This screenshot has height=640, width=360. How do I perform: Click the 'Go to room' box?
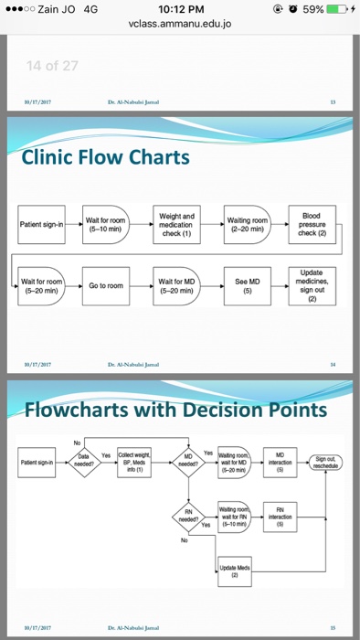(105, 286)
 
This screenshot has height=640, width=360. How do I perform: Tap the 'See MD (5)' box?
(247, 286)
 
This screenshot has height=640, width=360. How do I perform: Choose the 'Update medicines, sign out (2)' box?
(312, 285)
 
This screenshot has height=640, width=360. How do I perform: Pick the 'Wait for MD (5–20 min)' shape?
(175, 286)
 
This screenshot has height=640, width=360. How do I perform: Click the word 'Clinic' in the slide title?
(52, 158)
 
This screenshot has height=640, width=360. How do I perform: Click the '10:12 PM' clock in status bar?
(179, 9)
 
